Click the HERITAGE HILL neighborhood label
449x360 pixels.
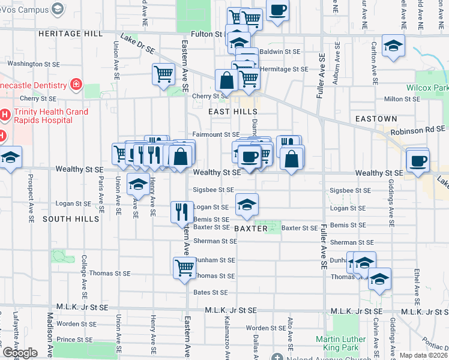(71, 34)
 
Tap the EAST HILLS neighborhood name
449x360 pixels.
(233, 112)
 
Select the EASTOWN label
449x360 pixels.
(376, 119)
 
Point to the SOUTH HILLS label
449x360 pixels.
(71, 219)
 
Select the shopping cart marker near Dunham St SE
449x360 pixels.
(184, 267)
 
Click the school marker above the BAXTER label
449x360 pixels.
(247, 205)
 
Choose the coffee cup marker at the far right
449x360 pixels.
(418, 160)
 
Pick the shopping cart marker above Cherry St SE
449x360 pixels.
(163, 74)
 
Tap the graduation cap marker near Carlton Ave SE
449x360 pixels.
(393, 46)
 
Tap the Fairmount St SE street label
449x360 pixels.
(216, 134)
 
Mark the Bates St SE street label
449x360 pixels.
(211, 292)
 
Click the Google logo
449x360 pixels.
(20, 353)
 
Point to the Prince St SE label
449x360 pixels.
(73, 340)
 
